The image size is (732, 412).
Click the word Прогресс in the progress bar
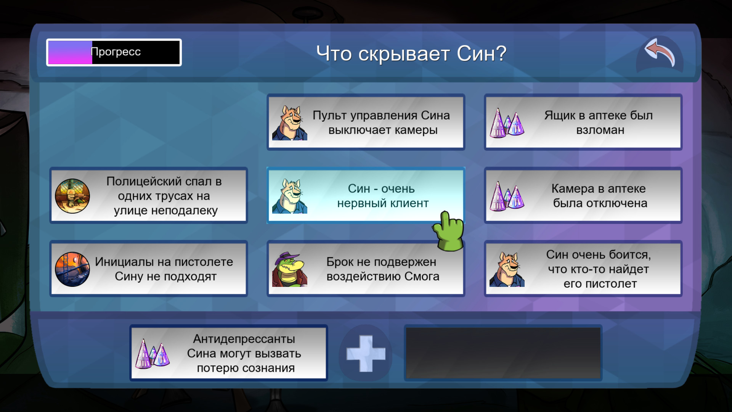(116, 52)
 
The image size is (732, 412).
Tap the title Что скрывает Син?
(411, 53)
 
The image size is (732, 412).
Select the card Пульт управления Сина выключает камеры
(366, 122)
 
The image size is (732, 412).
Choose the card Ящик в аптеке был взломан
(583, 122)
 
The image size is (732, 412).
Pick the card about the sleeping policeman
(149, 195)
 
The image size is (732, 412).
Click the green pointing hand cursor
(449, 231)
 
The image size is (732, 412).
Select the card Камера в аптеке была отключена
(583, 195)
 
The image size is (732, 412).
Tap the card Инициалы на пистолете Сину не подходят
(149, 269)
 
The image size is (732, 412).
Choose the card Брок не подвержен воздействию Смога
(366, 269)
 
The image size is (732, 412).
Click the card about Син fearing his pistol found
(583, 269)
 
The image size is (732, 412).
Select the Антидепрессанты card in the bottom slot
(229, 353)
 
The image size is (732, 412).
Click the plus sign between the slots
(366, 353)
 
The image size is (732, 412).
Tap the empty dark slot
(503, 353)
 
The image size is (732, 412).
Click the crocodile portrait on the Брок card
(289, 269)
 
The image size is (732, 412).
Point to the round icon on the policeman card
(72, 196)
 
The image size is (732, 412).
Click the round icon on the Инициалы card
(72, 269)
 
